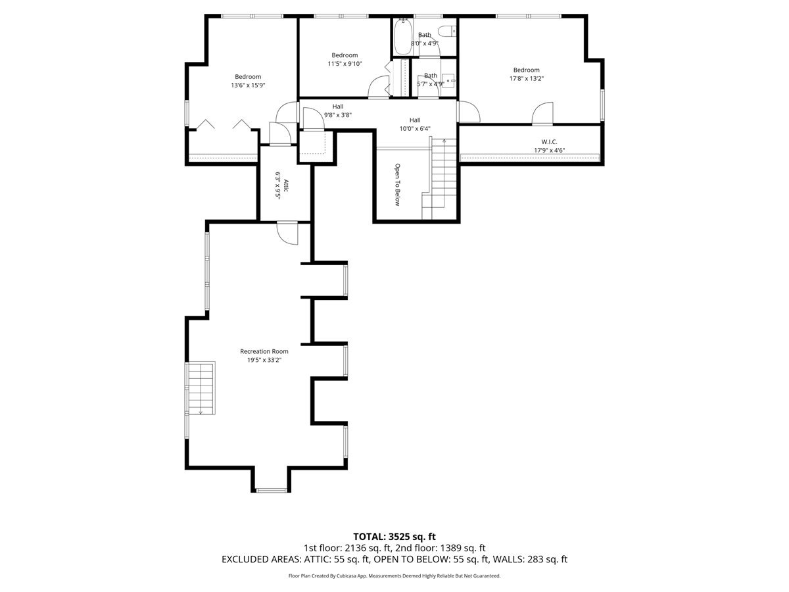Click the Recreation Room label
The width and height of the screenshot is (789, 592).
264,351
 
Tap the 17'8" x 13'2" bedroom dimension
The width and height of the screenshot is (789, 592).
526,78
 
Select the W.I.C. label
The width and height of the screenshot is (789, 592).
549,141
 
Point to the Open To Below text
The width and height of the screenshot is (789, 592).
397,184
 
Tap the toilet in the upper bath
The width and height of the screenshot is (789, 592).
447,32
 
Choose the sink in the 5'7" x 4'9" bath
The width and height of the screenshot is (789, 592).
448,80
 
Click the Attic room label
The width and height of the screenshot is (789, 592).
286,185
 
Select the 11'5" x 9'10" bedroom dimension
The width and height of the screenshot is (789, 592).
345,64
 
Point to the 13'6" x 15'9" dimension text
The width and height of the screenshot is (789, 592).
248,86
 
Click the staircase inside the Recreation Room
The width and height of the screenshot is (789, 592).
201,388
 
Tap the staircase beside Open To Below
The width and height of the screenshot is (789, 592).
440,179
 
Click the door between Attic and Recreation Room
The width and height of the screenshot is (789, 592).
287,233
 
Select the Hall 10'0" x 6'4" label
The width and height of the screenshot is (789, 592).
415,124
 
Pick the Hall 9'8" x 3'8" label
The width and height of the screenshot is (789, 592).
337,111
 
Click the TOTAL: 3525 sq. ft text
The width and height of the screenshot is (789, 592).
394,537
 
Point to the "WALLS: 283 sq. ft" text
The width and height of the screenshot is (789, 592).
530,559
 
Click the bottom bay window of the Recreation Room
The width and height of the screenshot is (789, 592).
272,490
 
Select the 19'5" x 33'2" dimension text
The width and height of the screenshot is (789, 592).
264,360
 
